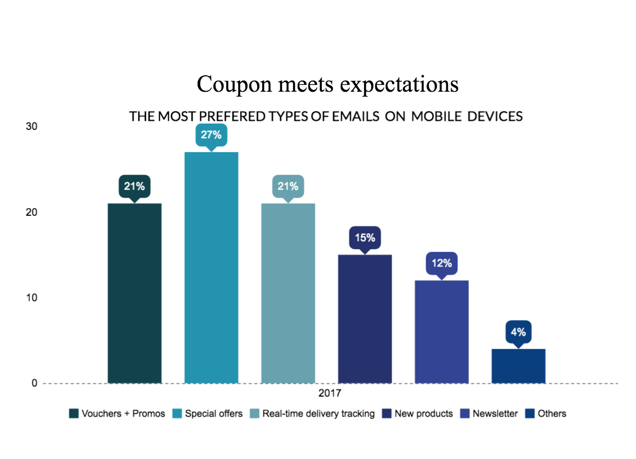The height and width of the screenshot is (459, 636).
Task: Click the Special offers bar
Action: (211, 268)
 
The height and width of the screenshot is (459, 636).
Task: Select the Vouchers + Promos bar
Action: (135, 293)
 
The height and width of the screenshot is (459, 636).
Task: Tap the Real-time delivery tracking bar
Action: (288, 293)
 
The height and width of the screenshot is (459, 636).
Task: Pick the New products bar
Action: (365, 319)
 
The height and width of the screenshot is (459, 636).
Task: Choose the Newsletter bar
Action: (441, 331)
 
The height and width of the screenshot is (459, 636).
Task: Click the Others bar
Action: (518, 366)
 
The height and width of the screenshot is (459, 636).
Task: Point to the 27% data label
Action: (211, 135)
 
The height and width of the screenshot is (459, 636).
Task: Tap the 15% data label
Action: (365, 238)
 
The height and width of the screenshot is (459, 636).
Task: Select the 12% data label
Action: (441, 263)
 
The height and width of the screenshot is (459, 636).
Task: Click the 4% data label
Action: (518, 332)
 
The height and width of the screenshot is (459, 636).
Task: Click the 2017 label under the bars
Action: (329, 394)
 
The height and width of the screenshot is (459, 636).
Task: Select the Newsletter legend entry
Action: (489, 413)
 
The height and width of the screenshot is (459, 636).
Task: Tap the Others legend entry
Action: (546, 413)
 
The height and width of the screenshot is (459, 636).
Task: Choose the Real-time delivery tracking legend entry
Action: (313, 413)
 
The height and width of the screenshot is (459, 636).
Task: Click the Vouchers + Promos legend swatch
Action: (74, 413)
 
